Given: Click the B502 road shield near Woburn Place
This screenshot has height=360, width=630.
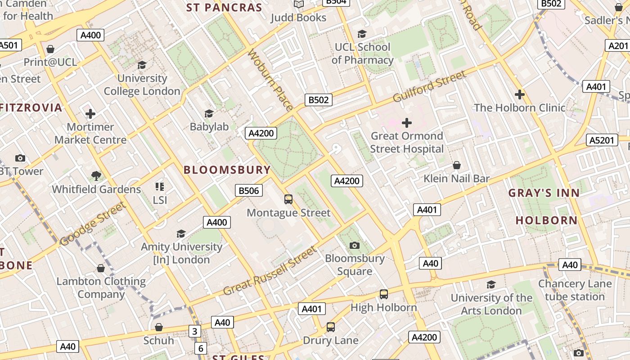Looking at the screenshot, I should pos(319,100).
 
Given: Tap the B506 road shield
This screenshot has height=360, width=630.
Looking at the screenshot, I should pos(249,190).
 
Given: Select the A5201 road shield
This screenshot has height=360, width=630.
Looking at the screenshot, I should pos(602,140).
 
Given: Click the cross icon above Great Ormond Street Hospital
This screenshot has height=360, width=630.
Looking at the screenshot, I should pos(407,122).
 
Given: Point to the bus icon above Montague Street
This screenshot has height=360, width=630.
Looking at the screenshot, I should pos(288,199).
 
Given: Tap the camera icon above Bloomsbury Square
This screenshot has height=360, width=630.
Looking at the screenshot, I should pos(355,245).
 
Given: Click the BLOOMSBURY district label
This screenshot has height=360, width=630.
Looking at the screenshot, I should pos(227,170).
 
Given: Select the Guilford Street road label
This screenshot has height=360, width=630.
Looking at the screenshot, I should pos(430,86).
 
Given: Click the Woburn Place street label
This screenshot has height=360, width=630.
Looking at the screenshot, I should pos(270,80).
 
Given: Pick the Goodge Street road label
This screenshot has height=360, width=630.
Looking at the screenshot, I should pos(92,224).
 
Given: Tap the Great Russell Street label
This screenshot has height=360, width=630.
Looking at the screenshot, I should pos(270,270).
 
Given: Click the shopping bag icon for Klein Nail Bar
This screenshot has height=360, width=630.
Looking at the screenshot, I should pos(457,165).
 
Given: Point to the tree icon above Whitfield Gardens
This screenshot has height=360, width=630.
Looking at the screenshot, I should pos(96,175).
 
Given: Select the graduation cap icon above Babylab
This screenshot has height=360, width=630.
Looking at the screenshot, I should pos(209,113).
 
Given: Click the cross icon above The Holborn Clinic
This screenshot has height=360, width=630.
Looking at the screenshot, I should pos(520,94).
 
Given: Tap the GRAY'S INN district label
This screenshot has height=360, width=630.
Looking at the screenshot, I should pos(544,193).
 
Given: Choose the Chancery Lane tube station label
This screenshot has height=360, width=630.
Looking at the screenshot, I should pos(575,290).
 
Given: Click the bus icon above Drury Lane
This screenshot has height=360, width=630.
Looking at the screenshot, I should pos(331,327).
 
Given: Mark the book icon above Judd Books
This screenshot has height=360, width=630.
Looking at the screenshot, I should pos(299,4).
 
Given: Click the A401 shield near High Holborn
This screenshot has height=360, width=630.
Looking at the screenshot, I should pos(311,309).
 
